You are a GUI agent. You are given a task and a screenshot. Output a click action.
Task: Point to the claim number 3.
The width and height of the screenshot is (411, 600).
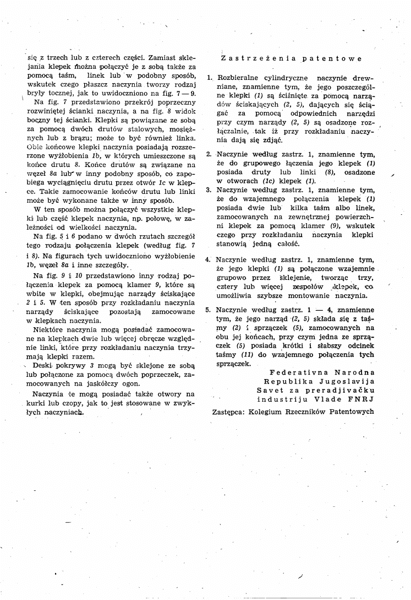[x=209, y=189]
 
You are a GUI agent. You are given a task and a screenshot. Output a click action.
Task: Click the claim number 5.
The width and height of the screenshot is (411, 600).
[x=209, y=310]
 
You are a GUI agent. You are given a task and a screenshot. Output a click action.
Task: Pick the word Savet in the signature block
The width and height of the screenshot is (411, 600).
[x=268, y=391]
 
